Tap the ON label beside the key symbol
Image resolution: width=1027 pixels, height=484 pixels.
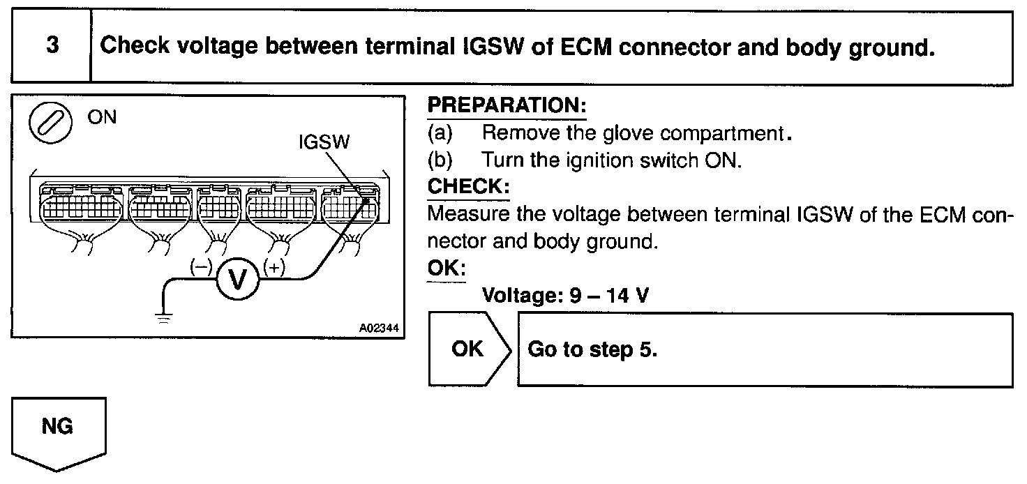click(102, 117)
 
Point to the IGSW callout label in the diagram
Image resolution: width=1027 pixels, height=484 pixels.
click(324, 142)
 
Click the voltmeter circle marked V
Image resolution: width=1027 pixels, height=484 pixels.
click(238, 279)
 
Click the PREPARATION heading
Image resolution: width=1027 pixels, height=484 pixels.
click(507, 107)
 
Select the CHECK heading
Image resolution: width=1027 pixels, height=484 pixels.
click(467, 187)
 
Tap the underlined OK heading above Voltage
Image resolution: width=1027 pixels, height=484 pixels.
click(445, 269)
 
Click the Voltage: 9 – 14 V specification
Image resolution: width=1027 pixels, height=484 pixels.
click(565, 296)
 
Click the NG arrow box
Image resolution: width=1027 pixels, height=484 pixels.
click(58, 428)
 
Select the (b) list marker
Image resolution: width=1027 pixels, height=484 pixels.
click(440, 160)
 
